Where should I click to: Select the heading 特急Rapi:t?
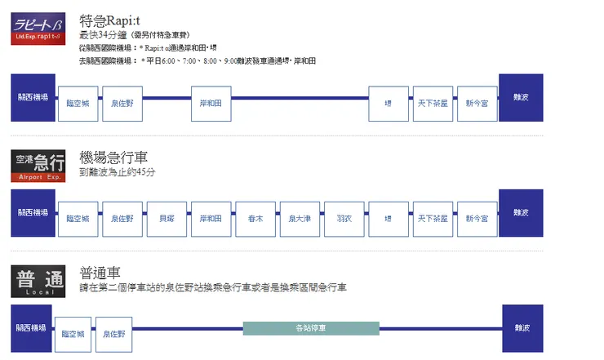[x=112, y=20]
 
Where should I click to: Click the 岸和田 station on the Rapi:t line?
[x=211, y=104]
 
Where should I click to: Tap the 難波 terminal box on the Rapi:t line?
[x=520, y=98]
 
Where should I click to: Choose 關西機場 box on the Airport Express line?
[x=33, y=212]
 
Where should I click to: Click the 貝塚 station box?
[x=167, y=219]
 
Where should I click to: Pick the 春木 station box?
[x=255, y=219]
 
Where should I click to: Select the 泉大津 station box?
[x=299, y=219]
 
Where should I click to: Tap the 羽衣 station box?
[x=343, y=219]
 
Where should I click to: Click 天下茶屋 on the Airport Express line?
[x=432, y=219]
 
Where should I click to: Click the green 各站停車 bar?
[x=311, y=328]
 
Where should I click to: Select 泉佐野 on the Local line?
[x=118, y=334]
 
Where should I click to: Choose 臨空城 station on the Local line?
[x=76, y=334]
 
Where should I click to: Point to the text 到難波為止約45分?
[x=118, y=173]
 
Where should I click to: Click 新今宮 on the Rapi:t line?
[x=476, y=104]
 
